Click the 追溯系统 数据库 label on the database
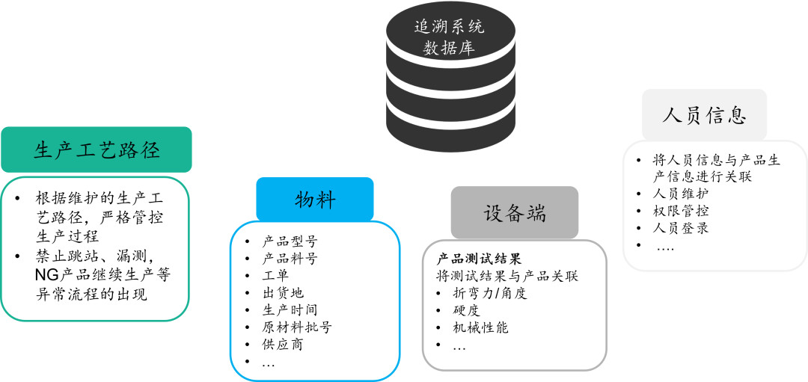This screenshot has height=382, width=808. click(449, 38)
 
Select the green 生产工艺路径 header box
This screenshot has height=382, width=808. click(97, 150)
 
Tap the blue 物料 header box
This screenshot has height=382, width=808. click(314, 199)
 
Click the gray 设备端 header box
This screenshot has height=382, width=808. click(514, 212)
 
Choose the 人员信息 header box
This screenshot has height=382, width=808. click(704, 116)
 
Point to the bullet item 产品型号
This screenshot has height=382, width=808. click(290, 241)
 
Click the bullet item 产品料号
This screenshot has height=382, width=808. click(290, 259)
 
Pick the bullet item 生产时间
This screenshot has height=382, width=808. click(290, 310)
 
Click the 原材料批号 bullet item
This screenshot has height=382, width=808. click(297, 327)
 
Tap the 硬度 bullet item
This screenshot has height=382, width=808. click(467, 310)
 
